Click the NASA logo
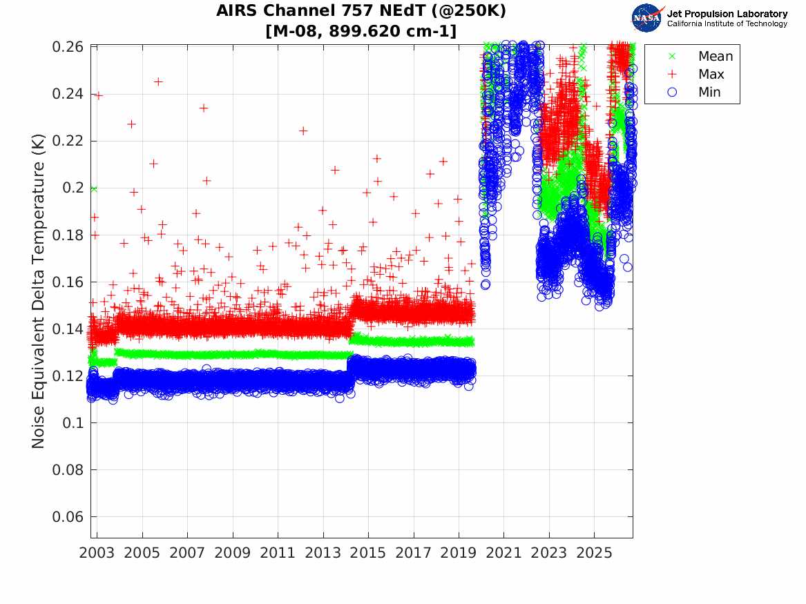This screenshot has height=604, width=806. (648, 18)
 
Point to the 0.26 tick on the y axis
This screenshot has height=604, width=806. (67, 47)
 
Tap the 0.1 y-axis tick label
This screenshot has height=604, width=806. (73, 422)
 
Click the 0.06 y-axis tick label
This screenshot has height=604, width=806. (67, 517)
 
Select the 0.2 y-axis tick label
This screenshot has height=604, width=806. (73, 188)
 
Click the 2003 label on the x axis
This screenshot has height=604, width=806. (97, 553)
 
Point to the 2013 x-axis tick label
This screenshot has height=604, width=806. (323, 553)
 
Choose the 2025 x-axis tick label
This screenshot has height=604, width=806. (594, 553)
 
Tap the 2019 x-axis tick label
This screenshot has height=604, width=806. (459, 553)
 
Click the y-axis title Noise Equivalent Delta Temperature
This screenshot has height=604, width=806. (39, 291)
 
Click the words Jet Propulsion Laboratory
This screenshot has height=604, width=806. (727, 14)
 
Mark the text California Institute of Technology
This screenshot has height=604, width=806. (727, 23)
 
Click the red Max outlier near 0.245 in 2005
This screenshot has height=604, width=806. (158, 81)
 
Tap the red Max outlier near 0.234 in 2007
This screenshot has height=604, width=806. (204, 108)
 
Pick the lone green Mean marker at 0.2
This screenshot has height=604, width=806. (93, 189)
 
